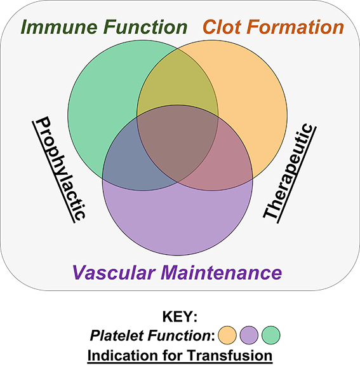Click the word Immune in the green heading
[x=59, y=27]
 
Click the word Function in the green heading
[x=145, y=27]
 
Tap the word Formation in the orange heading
[x=295, y=27]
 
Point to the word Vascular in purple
[x=114, y=273]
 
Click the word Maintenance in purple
[x=221, y=273]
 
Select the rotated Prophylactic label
[x=59, y=170]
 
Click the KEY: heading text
[x=180, y=316]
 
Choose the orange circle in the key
[x=227, y=335]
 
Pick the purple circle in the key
[x=249, y=335]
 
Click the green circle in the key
[x=271, y=335]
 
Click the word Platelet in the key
[x=117, y=336]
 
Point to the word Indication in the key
[x=123, y=356]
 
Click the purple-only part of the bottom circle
[x=177, y=219]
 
